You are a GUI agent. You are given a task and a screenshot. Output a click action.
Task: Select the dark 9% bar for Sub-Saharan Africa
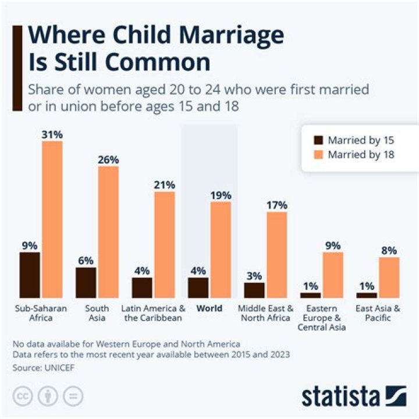pos(29,275)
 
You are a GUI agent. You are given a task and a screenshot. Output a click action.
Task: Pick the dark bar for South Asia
pos(86,283)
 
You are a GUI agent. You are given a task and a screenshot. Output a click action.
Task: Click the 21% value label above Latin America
pos(164,185)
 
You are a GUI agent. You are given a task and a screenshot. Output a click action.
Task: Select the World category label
pos(209,308)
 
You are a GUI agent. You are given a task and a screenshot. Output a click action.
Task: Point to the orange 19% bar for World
pos(221,250)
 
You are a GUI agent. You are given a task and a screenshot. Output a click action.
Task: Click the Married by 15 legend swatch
pos(318,140)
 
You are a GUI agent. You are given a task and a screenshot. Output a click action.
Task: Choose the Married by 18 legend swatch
pos(318,155)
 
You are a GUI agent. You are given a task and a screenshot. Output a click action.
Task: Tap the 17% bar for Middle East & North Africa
pos(277,255)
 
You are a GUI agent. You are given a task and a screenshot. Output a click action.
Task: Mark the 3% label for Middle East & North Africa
pos(254,276)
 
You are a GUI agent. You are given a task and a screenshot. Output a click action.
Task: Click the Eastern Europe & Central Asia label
pos(322,318)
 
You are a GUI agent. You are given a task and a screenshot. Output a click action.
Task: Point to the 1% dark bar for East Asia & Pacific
pos(367,295)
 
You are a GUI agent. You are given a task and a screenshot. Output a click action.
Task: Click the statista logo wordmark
pos(340,397)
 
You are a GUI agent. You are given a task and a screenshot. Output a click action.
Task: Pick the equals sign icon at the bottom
pos(73,396)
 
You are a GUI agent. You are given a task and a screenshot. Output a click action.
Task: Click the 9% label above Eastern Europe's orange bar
pos(333,246)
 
